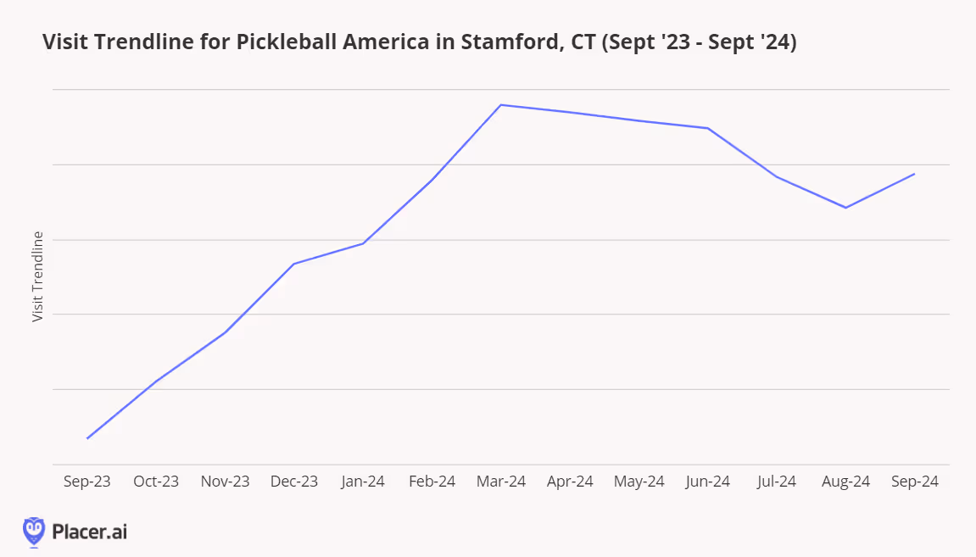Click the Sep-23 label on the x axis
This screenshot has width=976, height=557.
tap(87, 482)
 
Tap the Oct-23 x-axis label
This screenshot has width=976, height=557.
tap(156, 482)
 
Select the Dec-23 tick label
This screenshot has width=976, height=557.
tap(294, 482)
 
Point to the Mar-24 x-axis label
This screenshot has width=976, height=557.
tap(501, 482)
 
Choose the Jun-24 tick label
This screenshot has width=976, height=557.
tap(707, 482)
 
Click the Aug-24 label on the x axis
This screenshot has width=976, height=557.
tap(845, 482)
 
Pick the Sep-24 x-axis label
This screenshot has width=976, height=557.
tap(914, 482)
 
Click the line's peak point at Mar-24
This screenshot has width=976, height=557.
tap(501, 105)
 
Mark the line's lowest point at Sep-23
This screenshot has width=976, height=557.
tap(87, 438)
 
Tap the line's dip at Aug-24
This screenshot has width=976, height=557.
tap(845, 208)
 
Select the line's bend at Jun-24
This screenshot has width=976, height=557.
tap(707, 128)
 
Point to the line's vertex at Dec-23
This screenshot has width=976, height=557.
tap(294, 264)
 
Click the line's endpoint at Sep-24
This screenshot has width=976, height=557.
tap(914, 174)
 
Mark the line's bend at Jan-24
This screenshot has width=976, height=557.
tap(363, 244)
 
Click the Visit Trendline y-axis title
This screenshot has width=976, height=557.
tap(37, 276)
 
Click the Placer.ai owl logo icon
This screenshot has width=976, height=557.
tap(34, 531)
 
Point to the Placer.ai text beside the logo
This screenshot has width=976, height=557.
tap(89, 532)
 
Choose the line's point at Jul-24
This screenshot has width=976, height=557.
tap(777, 176)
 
